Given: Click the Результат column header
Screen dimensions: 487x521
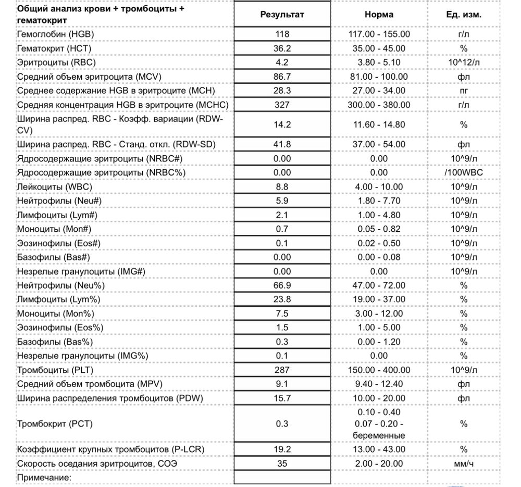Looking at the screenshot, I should [x=282, y=15].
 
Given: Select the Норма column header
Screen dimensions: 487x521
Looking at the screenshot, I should [x=379, y=15].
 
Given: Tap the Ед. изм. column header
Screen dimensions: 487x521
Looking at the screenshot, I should [x=464, y=15].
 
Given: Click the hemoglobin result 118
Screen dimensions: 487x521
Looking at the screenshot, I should [x=282, y=34].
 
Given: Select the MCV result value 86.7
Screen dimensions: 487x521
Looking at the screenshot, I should [x=282, y=77].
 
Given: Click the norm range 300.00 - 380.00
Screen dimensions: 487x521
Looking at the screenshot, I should [x=379, y=105].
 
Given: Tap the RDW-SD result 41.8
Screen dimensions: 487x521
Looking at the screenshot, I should [x=282, y=144].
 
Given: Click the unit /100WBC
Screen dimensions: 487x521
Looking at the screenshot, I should [x=464, y=172].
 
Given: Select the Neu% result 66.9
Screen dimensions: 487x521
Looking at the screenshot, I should [x=282, y=285].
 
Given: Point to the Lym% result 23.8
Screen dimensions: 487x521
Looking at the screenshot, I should [x=282, y=299].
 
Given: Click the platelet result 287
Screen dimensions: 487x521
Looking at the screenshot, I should [x=282, y=370].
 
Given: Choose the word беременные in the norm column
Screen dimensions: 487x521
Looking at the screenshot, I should [x=379, y=435].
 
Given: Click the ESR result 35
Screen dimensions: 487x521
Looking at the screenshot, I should [x=282, y=464].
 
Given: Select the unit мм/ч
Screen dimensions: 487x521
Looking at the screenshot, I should [x=464, y=464].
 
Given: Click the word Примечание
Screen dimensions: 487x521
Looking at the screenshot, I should [x=44, y=478].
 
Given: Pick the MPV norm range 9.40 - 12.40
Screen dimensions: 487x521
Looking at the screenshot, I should [x=379, y=384].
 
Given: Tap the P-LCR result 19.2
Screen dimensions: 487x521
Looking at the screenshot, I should [x=282, y=449].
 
